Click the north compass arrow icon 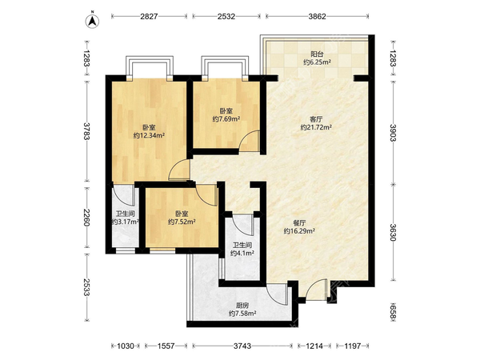pos(92,21)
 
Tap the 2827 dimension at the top pos(149,17)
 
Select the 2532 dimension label pos(226,17)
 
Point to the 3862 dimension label pos(317,17)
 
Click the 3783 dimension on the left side pos(87,131)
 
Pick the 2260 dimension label pos(87,218)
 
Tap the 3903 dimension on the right pos(393,133)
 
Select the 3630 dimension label pos(393,232)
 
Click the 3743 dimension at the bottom pos(242,346)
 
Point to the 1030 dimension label pos(126,346)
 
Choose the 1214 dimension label pos(314,346)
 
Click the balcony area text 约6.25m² pos(317,62)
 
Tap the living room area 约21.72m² pos(316,127)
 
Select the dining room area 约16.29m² pos(299,231)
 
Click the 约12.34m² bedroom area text pos(150,135)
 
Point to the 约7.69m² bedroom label pos(226,118)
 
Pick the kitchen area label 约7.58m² pos(242,313)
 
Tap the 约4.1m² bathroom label pos(242,253)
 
